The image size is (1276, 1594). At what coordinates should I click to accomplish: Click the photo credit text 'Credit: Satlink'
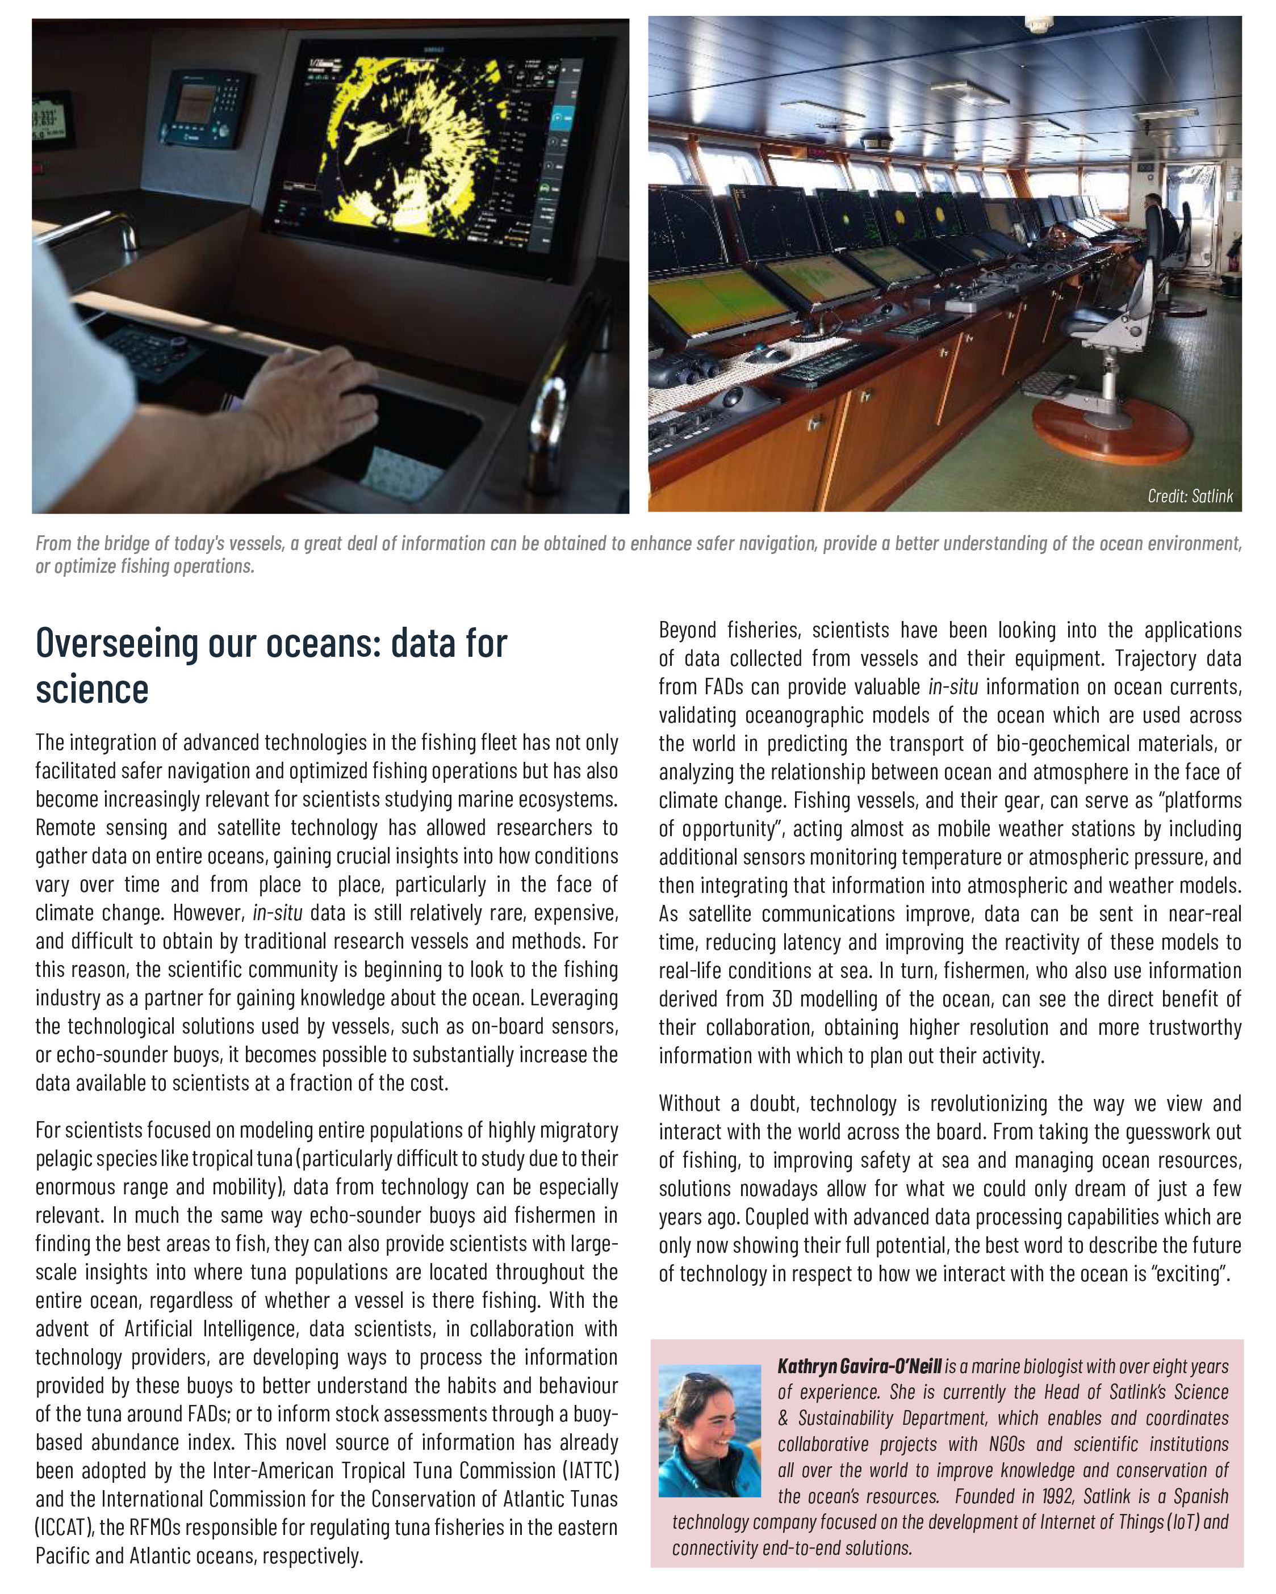pos(1190,496)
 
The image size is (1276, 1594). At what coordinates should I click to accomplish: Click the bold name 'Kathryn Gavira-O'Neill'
pos(859,1366)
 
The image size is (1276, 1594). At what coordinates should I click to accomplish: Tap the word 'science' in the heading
pos(92,689)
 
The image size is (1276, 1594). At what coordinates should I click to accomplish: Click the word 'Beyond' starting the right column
pos(687,630)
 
